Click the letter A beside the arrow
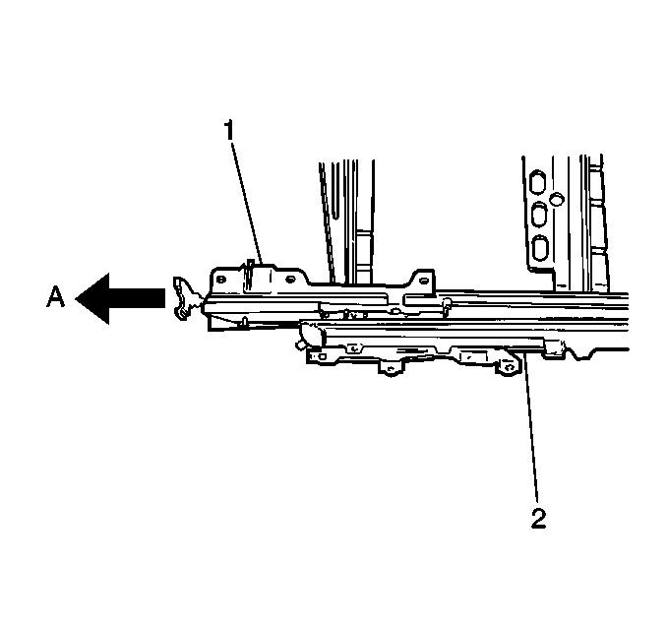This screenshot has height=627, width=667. coord(56,296)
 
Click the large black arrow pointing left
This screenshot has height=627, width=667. coord(120,298)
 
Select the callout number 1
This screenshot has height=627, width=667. coord(229,130)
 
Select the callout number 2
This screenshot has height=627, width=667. coord(538,518)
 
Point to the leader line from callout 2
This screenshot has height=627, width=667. coord(531,427)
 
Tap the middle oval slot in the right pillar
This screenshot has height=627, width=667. coord(539,215)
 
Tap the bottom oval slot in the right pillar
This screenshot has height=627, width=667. coord(540,248)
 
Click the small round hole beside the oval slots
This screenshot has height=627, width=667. coord(557,198)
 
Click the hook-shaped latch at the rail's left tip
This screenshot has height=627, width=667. coord(183,298)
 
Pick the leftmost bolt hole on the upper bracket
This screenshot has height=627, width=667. coord(220,280)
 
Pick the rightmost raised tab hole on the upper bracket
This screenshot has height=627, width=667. coord(422,281)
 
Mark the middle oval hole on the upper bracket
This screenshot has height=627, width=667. coord(290,280)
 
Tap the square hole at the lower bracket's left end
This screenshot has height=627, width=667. coord(322,356)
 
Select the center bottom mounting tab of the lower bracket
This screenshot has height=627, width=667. coord(391,367)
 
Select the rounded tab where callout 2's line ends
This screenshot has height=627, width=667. coord(509,365)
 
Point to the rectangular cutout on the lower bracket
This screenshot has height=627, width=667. coord(474,356)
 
